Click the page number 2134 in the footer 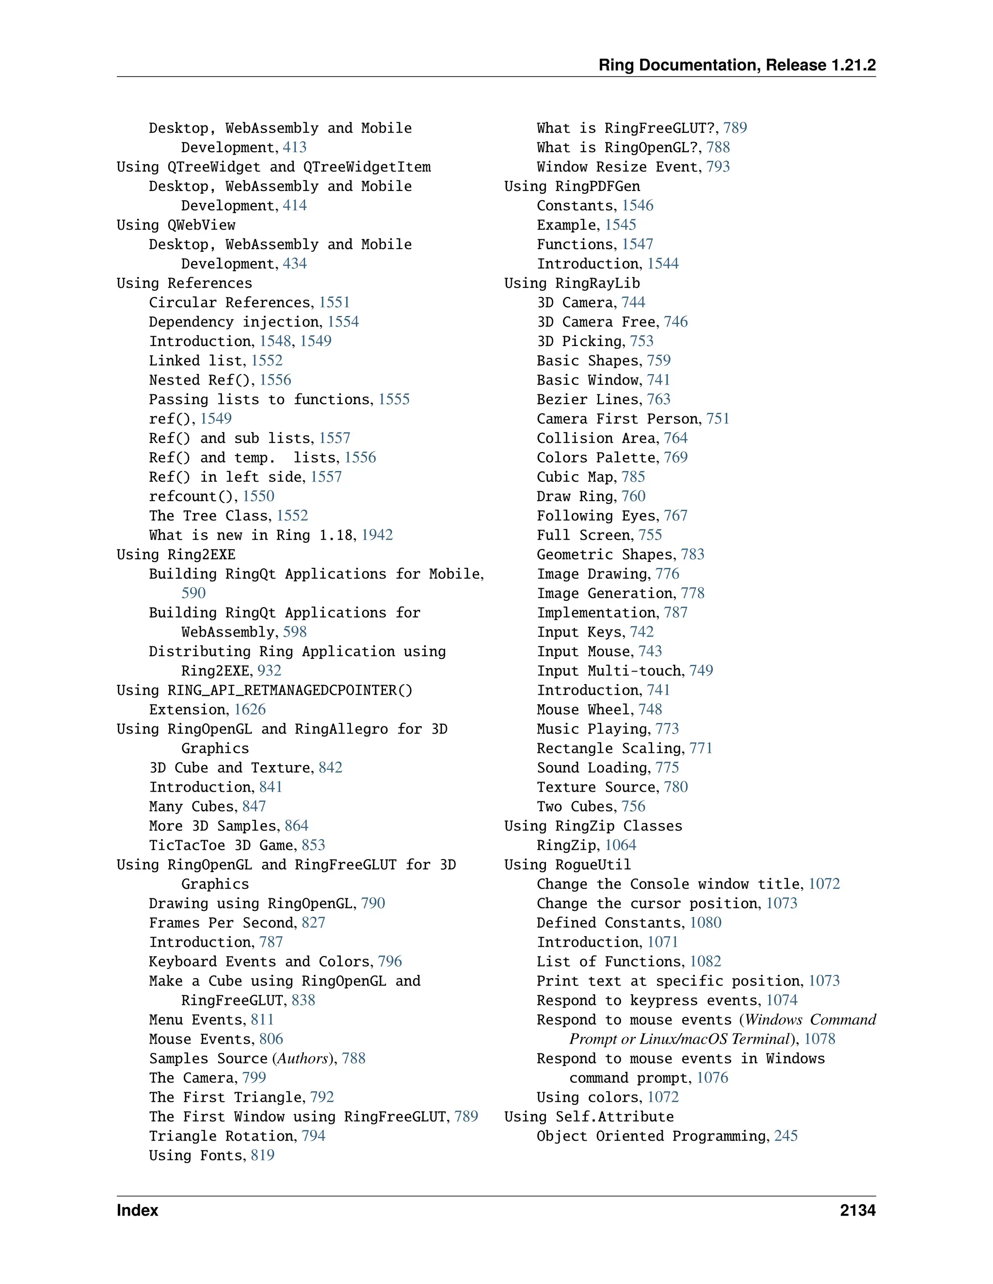point(857,1210)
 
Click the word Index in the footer point(137,1210)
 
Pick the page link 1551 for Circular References point(334,302)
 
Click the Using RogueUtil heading point(567,865)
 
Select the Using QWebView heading point(176,225)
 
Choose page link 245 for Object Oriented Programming point(785,1136)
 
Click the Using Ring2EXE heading point(176,554)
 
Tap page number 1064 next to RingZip point(620,846)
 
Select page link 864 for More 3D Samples point(296,826)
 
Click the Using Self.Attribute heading point(589,1116)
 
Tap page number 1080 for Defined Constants point(705,923)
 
